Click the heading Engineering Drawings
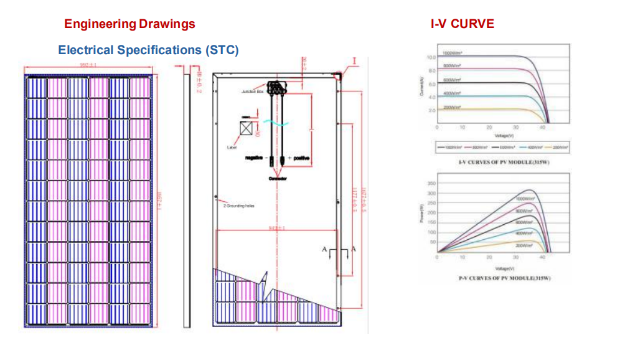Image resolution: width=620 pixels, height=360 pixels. (129, 24)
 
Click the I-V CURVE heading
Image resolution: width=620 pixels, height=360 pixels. (463, 24)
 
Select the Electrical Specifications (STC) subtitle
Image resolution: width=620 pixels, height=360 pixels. (148, 50)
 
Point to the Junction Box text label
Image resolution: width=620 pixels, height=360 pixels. (254, 91)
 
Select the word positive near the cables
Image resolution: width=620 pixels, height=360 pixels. (301, 158)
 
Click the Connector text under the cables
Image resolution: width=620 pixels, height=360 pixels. (278, 179)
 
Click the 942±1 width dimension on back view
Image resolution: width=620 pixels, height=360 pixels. (276, 229)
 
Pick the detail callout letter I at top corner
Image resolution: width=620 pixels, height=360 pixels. (354, 61)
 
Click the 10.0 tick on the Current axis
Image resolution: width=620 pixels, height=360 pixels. (430, 57)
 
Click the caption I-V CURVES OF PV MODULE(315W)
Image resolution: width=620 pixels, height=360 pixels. (504, 162)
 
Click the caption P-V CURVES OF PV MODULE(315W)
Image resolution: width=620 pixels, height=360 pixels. (504, 278)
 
